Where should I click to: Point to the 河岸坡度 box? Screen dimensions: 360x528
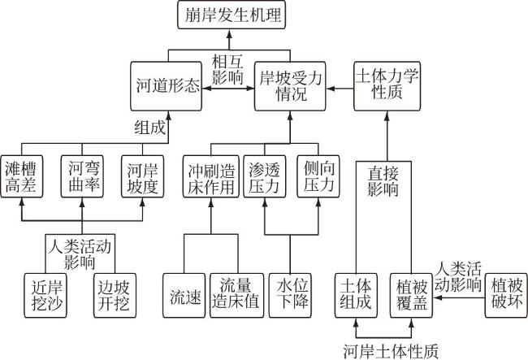click(143, 176)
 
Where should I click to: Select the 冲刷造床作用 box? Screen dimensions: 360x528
click(209, 176)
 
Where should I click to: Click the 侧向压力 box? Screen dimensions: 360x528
click(316, 176)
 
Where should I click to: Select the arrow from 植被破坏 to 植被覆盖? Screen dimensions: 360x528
click(456, 297)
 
